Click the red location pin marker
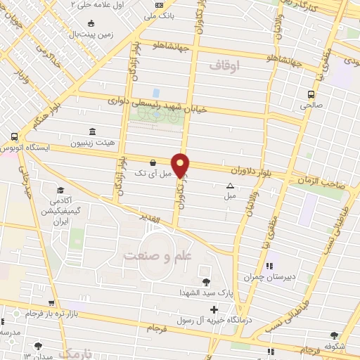coord(181,165)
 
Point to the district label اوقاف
coord(225,65)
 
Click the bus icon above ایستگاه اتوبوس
coord(14,137)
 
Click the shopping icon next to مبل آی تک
coord(153,162)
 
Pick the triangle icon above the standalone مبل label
coord(230,186)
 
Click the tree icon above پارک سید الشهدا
coord(205,282)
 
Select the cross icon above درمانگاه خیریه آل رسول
coord(214,309)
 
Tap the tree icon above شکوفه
coord(333,335)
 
